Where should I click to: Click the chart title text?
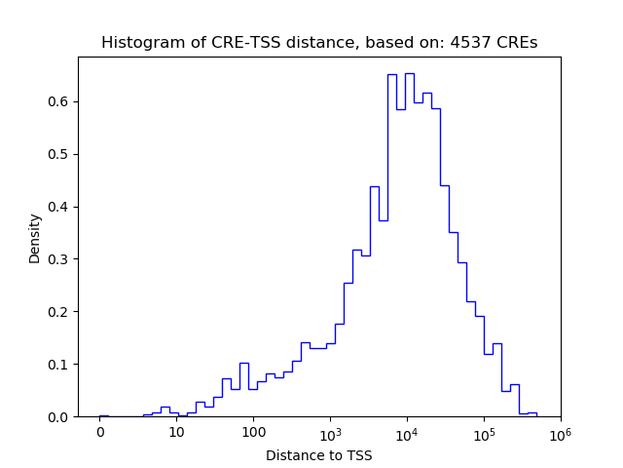tap(319, 43)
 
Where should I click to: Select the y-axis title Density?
tap(35, 238)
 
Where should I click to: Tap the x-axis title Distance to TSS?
tap(319, 454)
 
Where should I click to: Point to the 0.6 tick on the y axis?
tap(59, 101)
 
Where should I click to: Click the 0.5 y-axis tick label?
tap(59, 154)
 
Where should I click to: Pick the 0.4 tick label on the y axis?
tap(59, 207)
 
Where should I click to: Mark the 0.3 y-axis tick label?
tap(59, 259)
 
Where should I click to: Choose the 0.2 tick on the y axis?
tap(59, 312)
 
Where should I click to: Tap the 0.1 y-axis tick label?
tap(59, 365)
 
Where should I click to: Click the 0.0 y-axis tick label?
tap(59, 417)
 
